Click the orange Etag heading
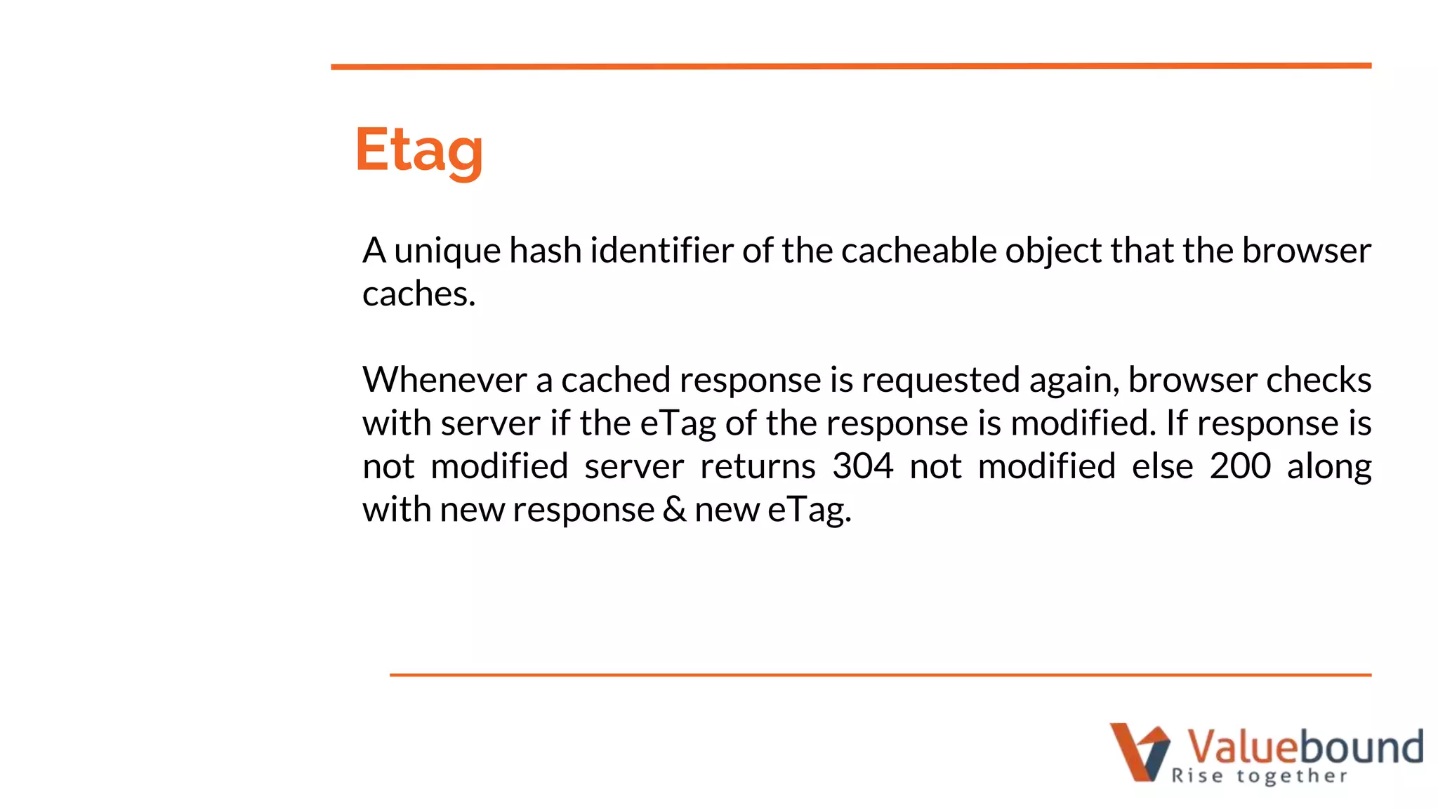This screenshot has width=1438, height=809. tap(419, 150)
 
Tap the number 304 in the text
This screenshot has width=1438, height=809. tap(862, 466)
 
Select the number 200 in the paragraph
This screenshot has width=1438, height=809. tap(1240, 466)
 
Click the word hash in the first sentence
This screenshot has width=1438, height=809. tap(545, 251)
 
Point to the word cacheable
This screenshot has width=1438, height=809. tap(918, 251)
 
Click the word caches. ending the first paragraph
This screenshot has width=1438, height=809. tap(418, 294)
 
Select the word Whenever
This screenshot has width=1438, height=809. tap(444, 380)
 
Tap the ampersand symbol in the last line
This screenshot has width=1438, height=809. tap(674, 509)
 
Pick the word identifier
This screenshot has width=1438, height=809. tap(661, 251)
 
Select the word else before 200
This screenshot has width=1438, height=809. tap(1162, 466)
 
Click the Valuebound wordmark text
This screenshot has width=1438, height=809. tap(1305, 746)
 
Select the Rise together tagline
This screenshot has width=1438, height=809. tap(1260, 776)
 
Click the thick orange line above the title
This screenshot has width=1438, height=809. tap(850, 66)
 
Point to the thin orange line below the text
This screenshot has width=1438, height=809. tap(880, 675)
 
